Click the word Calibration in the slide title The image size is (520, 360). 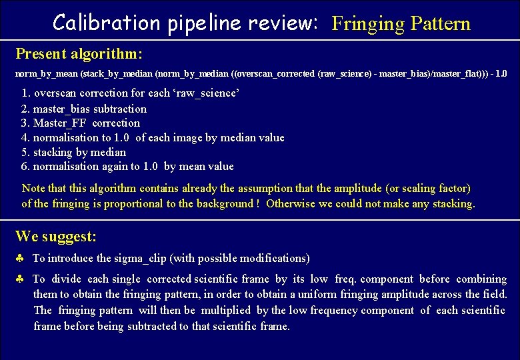coord(105,23)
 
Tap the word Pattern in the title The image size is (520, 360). coord(440,24)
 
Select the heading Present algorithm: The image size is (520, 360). coord(79,53)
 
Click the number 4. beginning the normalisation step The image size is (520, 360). coord(26,138)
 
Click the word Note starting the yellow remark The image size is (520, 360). coord(34,189)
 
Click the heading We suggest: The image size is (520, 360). coord(56,237)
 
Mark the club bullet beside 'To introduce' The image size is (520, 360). coord(20,258)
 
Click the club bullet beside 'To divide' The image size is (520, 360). coord(20,279)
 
